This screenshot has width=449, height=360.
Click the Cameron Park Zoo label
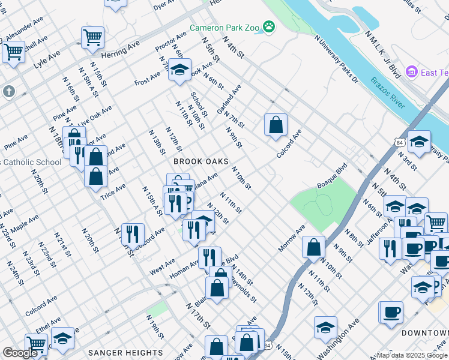point(226,27)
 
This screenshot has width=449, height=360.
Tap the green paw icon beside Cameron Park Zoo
point(271,26)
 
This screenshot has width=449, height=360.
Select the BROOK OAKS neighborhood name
point(201,162)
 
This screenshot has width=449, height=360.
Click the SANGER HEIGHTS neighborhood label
point(124,353)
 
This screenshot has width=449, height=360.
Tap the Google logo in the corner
point(20,353)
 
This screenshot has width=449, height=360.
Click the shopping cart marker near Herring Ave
point(93,37)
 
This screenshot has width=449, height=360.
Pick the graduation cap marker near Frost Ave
point(179,70)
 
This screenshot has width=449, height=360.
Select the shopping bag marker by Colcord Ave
point(276,125)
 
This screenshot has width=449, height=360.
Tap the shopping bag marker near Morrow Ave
point(313,247)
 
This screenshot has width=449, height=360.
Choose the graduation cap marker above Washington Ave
point(325,327)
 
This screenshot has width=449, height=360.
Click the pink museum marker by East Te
point(411,72)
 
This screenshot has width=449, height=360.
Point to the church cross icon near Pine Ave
point(8,92)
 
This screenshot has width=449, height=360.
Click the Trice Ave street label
point(113,191)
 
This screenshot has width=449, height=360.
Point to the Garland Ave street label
point(229,100)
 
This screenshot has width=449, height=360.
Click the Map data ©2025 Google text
point(412,355)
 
